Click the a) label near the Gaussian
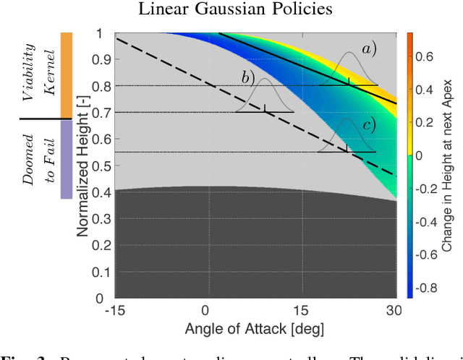pyautogui.click(x=370, y=49)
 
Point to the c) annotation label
pyautogui.click(x=370, y=125)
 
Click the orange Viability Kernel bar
pyautogui.click(x=66, y=75)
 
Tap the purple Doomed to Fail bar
pyautogui.click(x=66, y=159)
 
